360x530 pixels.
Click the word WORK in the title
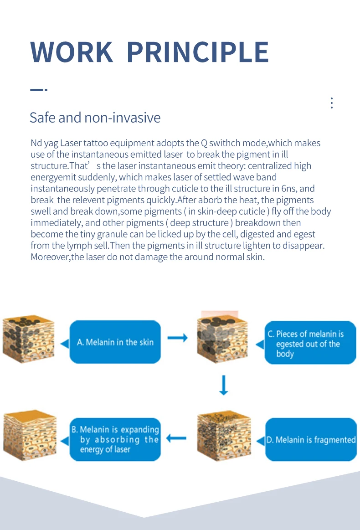point(72,52)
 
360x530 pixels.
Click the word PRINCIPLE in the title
point(197,52)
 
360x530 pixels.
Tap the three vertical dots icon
point(332,103)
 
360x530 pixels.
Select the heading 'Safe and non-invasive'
point(95,118)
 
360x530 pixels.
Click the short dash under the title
point(38,90)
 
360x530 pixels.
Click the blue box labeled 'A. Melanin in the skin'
point(115,342)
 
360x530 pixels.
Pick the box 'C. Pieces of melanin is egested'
point(311,344)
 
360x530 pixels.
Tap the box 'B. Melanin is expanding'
point(115,439)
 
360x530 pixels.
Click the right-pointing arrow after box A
point(177,338)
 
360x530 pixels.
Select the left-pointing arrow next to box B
point(176,438)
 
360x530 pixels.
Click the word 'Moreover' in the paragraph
point(50,257)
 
